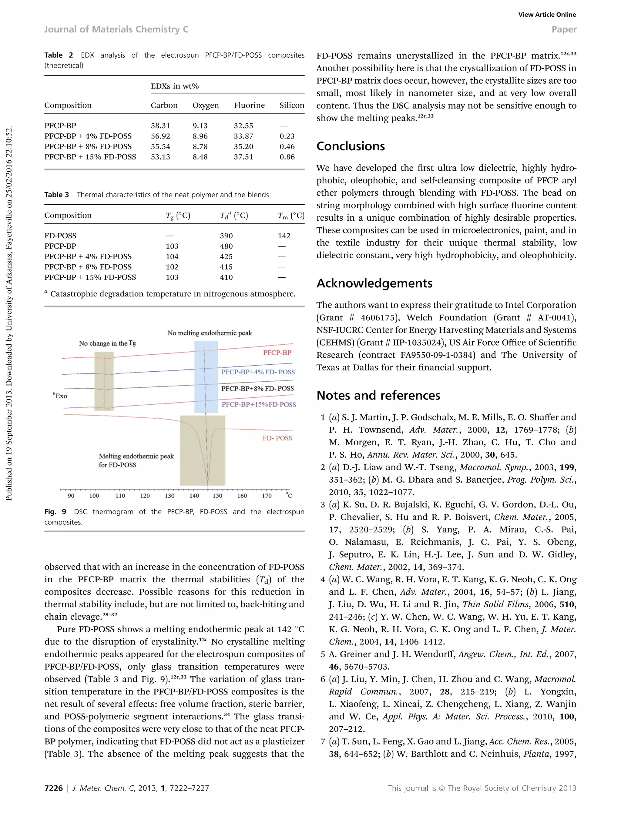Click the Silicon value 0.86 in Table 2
[287, 157]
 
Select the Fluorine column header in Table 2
[249, 105]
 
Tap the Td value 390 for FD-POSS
[226, 236]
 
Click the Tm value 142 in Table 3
[284, 236]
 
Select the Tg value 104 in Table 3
[172, 256]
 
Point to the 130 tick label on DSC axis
[170, 496]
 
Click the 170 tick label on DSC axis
[267, 496]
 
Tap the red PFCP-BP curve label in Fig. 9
[277, 353]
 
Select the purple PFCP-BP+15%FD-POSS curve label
[259, 405]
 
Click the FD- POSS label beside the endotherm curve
[277, 438]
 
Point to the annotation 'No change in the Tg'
[107, 343]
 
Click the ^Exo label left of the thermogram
[60, 396]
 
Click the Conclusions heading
[351, 146]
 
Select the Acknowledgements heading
[374, 283]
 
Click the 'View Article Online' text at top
[547, 15]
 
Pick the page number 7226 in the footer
[54, 788]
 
